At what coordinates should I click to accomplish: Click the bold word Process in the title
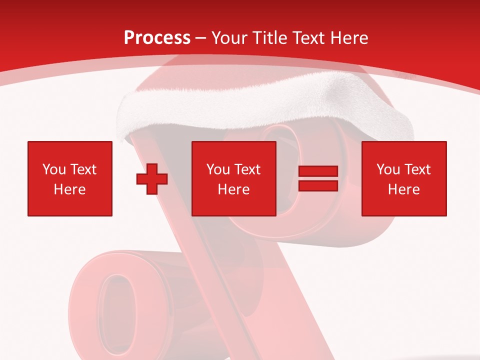[x=157, y=37]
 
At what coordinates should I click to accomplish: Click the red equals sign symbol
[x=318, y=178]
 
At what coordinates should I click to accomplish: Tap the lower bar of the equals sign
[x=318, y=185]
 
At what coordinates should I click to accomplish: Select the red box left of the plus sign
[x=70, y=178]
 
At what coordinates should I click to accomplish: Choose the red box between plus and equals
[x=234, y=178]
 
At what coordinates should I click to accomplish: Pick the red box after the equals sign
[x=404, y=178]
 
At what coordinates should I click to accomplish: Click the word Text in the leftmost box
[x=83, y=169]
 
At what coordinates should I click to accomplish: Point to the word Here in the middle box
[x=234, y=189]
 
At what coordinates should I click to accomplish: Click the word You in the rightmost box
[x=388, y=169]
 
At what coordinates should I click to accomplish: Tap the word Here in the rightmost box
[x=404, y=189]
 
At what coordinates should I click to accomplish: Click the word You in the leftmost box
[x=54, y=169]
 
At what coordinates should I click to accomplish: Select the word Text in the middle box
[x=247, y=169]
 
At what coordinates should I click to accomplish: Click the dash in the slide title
[x=201, y=38]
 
